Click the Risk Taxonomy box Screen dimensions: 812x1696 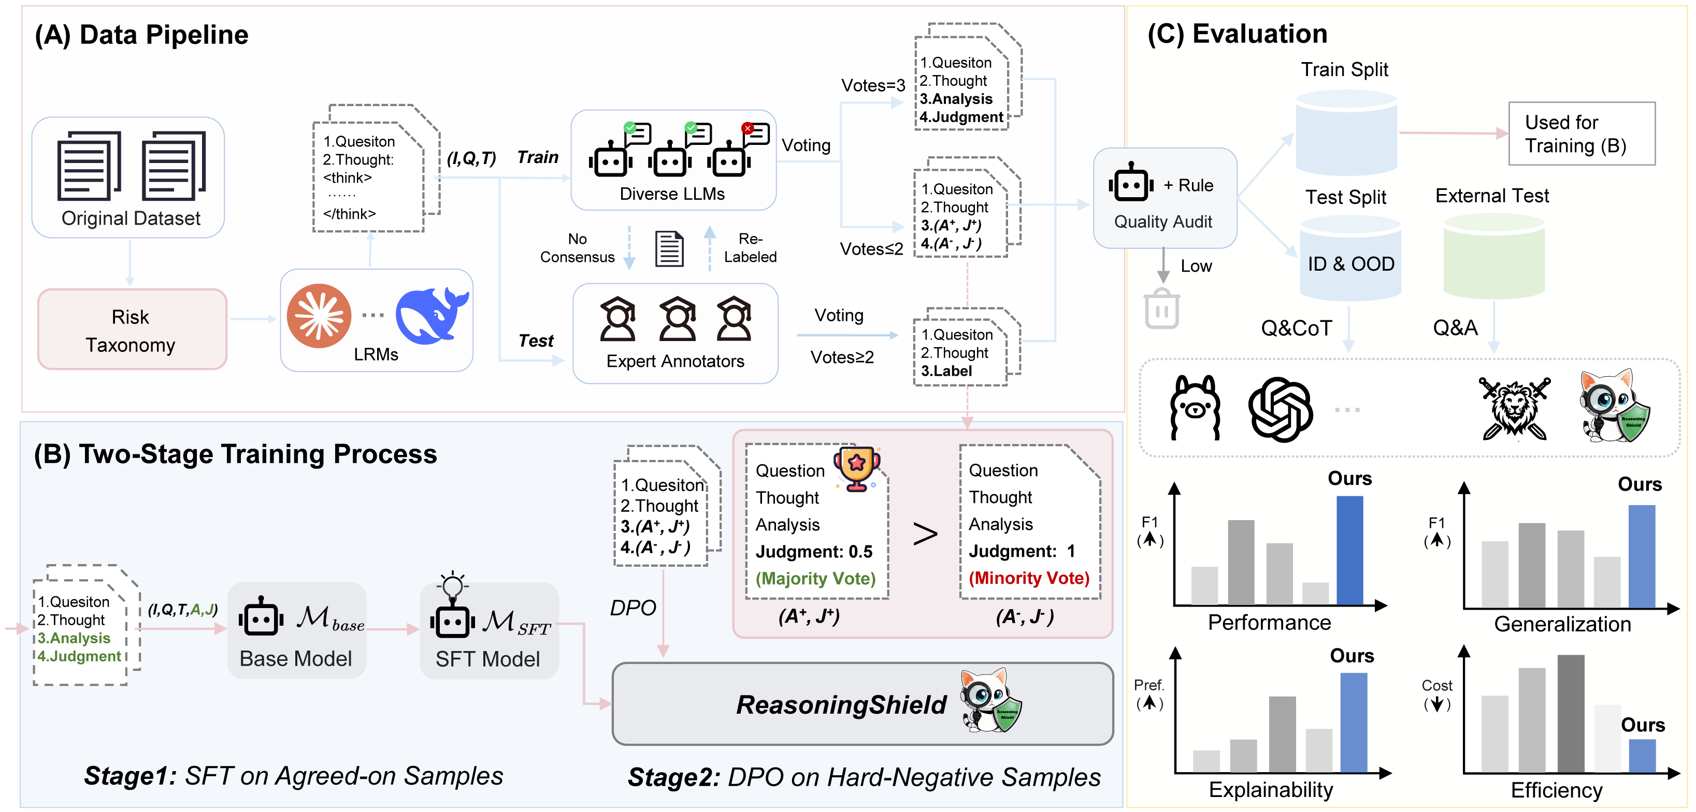[x=132, y=330]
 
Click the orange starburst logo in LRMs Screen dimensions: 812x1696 [x=319, y=316]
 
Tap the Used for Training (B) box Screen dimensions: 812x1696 [x=1581, y=134]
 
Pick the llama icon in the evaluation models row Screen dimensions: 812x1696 [x=1195, y=408]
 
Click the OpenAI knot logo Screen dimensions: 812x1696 [x=1280, y=409]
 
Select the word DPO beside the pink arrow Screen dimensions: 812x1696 [x=632, y=608]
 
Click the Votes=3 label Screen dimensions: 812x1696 [x=872, y=85]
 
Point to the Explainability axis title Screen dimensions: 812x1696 [x=1270, y=789]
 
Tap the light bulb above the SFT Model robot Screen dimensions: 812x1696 [x=452, y=584]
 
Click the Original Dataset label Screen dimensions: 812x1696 [x=131, y=218]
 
